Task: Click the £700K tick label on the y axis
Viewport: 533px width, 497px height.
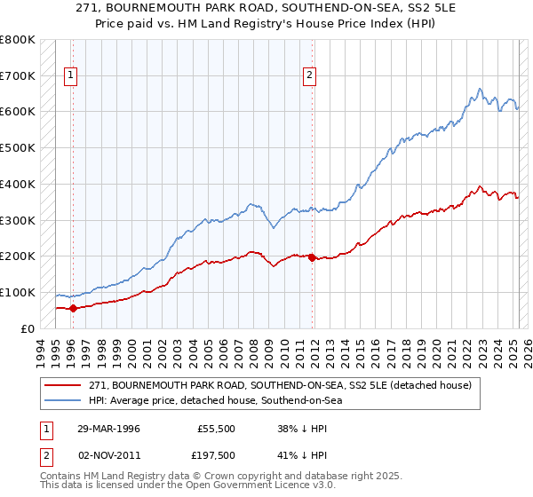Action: pyautogui.click(x=17, y=76)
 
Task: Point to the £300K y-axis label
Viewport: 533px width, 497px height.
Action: pyautogui.click(x=17, y=220)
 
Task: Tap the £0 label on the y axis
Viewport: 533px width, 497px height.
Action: pyautogui.click(x=28, y=328)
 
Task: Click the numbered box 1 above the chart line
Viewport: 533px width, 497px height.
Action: pyautogui.click(x=70, y=76)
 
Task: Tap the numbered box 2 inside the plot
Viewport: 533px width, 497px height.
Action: pyautogui.click(x=310, y=76)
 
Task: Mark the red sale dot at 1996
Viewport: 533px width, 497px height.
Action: pyautogui.click(x=73, y=308)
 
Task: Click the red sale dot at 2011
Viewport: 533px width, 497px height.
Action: pyautogui.click(x=312, y=256)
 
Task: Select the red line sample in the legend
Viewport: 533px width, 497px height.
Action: pyautogui.click(x=62, y=385)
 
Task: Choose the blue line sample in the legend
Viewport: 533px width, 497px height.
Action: pyautogui.click(x=62, y=400)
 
